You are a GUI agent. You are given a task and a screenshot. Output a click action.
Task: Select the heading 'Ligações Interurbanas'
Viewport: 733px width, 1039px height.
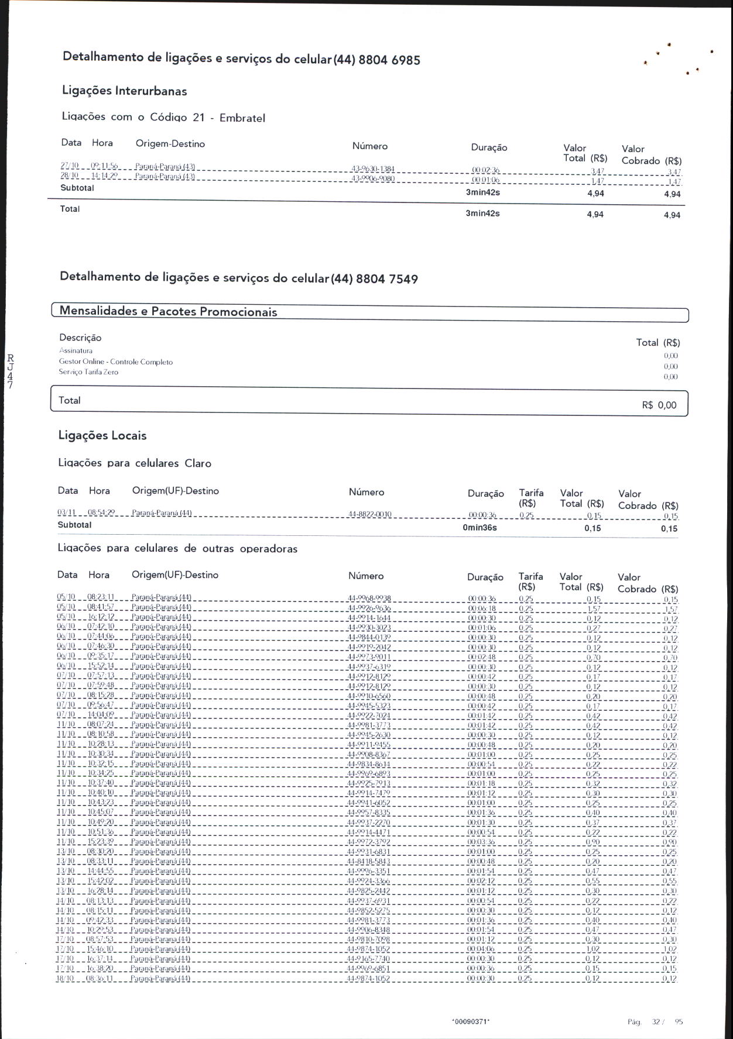[x=125, y=91]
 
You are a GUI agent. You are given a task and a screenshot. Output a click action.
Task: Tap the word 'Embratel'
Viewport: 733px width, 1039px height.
[x=242, y=118]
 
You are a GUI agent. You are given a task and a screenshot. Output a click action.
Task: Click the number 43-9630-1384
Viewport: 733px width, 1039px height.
[x=372, y=168]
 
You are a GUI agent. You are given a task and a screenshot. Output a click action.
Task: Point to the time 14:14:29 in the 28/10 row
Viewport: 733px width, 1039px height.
[x=105, y=176]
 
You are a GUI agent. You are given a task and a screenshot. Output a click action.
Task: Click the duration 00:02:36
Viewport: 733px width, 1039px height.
[x=485, y=170]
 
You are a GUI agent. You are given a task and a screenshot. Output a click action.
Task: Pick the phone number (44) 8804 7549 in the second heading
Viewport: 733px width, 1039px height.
[x=375, y=279]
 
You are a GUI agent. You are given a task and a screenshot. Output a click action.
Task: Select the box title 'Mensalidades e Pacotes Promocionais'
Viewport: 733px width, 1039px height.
[x=168, y=311]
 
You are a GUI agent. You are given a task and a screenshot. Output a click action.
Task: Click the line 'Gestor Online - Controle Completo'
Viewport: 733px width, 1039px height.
[x=116, y=362]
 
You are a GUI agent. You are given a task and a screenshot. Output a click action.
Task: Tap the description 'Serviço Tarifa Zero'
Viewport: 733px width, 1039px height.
[x=88, y=372]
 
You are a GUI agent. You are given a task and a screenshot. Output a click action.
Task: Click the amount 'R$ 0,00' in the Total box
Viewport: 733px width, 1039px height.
[x=659, y=405]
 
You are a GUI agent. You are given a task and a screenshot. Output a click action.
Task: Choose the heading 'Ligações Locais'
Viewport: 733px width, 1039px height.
[x=102, y=435]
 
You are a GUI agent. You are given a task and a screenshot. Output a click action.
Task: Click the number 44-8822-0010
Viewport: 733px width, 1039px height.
[x=369, y=514]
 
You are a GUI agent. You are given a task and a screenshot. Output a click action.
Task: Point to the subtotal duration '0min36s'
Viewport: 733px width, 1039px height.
[x=479, y=528]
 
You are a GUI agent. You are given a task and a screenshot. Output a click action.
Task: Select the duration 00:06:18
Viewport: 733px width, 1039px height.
[x=482, y=608]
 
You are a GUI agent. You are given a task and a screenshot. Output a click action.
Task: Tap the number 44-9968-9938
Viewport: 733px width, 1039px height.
[x=369, y=598]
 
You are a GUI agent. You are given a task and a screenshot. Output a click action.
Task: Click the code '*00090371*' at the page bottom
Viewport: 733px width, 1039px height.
[x=471, y=1021]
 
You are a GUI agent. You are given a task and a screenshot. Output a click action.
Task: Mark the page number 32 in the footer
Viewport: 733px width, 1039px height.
[x=656, y=1021]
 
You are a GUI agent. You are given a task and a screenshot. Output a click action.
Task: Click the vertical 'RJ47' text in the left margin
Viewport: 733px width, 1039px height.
[x=11, y=371]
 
